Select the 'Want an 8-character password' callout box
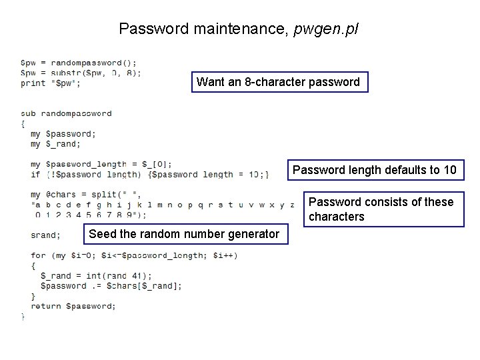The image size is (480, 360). click(279, 82)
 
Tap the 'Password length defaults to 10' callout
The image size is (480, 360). click(374, 170)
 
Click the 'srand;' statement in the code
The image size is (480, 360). click(45, 235)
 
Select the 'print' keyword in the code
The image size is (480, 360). click(33, 83)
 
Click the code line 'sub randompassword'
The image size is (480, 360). click(66, 113)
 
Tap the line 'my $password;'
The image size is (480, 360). click(63, 133)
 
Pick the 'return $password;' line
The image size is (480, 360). click(73, 306)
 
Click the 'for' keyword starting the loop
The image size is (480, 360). click(38, 255)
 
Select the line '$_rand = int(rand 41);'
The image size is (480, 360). click(96, 275)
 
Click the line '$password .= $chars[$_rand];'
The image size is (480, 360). click(111, 285)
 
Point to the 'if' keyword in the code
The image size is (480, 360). click(35, 174)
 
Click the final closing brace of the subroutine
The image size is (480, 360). click(23, 317)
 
